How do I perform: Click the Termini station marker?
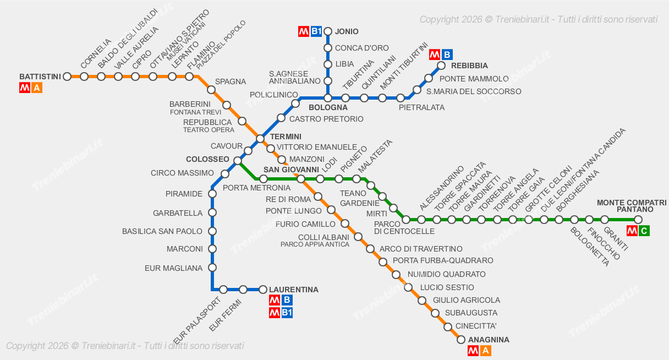(260, 138)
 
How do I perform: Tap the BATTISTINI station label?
(40, 77)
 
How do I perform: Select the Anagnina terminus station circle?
(461, 340)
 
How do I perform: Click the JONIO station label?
(347, 31)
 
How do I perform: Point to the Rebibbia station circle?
(441, 66)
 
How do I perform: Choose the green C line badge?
(644, 231)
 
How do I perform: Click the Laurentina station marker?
(263, 290)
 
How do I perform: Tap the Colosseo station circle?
(238, 161)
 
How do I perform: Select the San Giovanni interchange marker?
(301, 179)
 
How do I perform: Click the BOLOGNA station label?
(328, 108)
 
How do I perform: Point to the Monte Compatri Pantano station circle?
(638, 220)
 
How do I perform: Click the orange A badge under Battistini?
(37, 88)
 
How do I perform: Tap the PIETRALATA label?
(421, 107)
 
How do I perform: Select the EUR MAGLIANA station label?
(173, 268)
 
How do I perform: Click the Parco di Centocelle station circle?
(406, 220)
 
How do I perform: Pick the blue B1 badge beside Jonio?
(316, 31)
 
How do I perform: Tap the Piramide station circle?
(212, 194)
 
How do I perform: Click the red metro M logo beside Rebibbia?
(435, 54)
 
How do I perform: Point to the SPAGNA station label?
(230, 81)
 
